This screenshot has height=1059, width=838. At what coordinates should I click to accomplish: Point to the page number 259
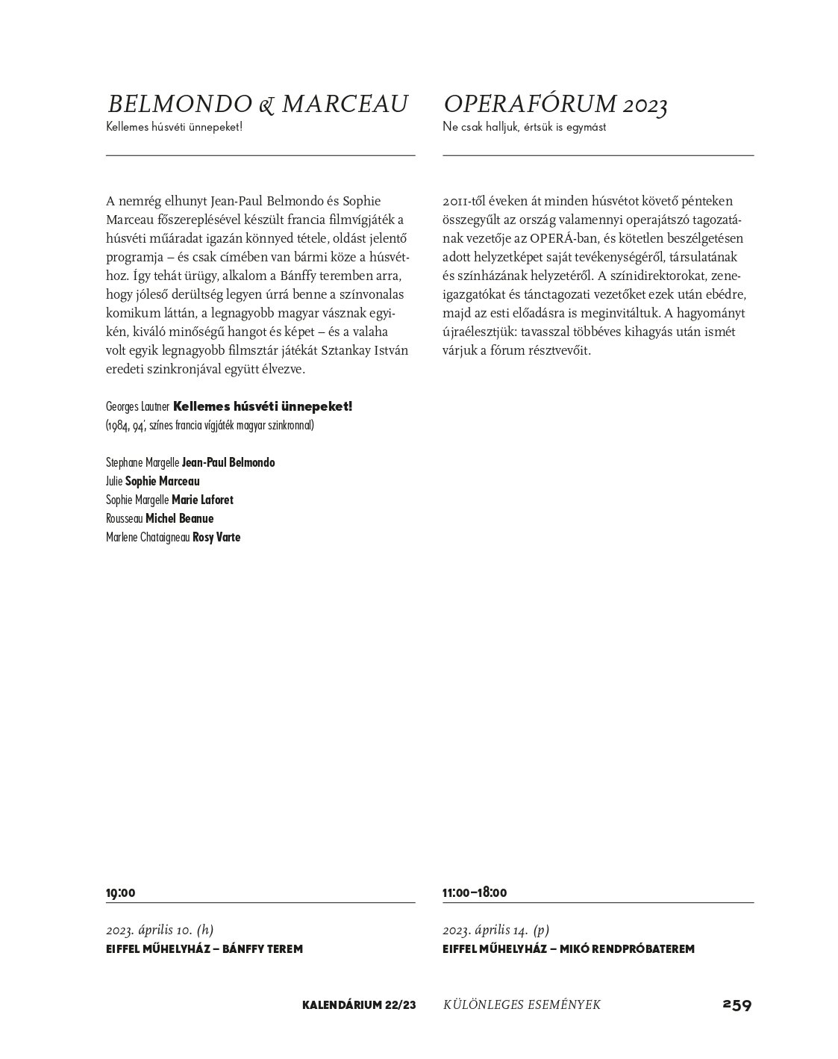(x=737, y=1004)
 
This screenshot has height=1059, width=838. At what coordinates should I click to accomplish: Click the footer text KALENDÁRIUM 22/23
(x=359, y=1005)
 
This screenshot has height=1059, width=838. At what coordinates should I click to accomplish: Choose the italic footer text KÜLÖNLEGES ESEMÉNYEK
(x=522, y=1005)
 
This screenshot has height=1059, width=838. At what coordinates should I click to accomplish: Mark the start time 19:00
(x=121, y=892)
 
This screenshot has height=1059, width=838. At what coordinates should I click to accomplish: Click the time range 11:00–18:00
(x=475, y=892)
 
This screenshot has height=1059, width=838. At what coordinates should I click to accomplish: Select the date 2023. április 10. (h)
(x=160, y=930)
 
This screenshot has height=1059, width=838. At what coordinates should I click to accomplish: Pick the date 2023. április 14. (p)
(x=495, y=930)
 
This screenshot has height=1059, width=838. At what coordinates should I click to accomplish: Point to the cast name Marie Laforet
(x=202, y=500)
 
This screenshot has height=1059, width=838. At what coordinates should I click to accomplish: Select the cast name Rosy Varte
(x=216, y=537)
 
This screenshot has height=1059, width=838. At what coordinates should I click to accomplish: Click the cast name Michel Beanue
(x=179, y=518)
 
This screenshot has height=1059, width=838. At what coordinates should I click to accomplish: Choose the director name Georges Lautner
(x=138, y=407)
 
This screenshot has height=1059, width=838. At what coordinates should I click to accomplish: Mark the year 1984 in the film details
(x=119, y=426)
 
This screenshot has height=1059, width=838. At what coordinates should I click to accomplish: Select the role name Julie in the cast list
(x=114, y=481)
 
